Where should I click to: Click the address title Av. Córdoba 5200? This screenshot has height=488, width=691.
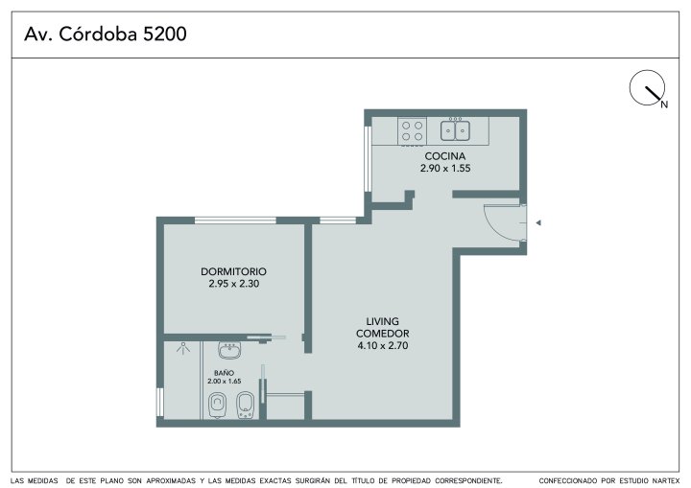106,34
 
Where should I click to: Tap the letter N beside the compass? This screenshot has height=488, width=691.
664,105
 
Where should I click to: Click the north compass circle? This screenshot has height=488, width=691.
647,87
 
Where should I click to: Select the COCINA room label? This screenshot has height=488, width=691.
445,156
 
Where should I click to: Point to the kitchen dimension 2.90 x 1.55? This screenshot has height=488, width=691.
445,168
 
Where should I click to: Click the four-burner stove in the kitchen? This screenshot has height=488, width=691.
412,130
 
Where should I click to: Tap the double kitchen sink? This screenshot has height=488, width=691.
455,130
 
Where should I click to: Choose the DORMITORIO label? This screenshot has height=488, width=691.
233,271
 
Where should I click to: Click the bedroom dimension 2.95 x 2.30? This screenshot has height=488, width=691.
233,284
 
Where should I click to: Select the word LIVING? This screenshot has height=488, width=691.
383,321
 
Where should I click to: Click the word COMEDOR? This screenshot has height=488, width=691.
383,334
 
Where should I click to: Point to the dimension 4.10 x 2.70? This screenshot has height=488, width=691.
383,346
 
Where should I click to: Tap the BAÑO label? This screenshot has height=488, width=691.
224,373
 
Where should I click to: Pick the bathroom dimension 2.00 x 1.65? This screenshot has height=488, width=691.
225,382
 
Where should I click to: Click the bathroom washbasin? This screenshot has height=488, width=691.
229,350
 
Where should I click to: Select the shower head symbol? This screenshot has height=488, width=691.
183,348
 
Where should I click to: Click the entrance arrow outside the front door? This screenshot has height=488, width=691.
538,222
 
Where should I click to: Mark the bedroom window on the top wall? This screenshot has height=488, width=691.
235,221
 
